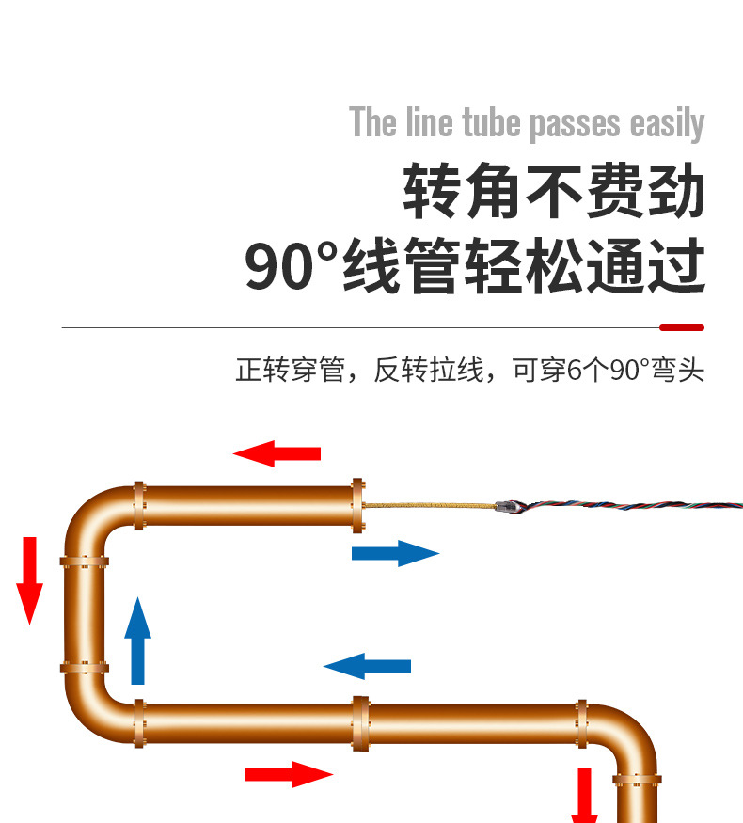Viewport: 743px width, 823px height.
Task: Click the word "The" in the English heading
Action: (373, 123)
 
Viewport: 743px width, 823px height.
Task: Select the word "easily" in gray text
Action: (667, 124)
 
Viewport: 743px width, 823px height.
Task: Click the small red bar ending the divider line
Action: (682, 327)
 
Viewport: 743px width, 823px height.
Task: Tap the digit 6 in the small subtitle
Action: (576, 370)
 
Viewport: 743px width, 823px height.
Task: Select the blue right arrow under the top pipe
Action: (395, 553)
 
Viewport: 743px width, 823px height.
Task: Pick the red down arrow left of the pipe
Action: (30, 579)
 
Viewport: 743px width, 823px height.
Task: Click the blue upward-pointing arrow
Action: (138, 641)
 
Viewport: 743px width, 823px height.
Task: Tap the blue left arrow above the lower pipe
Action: (368, 666)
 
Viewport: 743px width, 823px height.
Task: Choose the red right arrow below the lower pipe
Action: (289, 774)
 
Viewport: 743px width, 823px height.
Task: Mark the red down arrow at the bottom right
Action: (585, 795)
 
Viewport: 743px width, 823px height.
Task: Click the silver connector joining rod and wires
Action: (506, 505)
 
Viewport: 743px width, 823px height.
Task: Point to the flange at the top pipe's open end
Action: (357, 506)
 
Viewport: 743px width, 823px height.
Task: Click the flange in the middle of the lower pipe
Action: (359, 722)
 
